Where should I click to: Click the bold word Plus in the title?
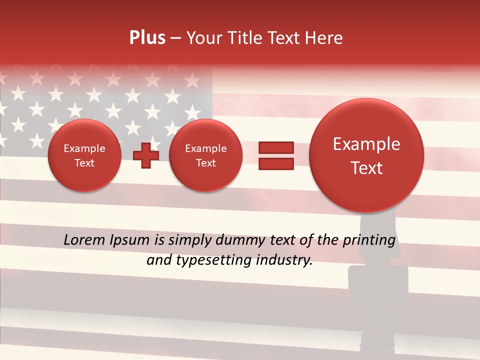(x=147, y=38)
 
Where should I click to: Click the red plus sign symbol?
(x=146, y=155)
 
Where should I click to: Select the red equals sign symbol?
(x=276, y=155)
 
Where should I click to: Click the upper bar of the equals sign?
(x=276, y=148)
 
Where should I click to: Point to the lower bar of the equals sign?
(x=276, y=163)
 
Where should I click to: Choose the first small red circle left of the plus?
(x=84, y=155)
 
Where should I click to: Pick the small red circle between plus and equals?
(x=205, y=155)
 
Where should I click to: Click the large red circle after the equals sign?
(x=366, y=155)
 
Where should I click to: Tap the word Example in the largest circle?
(x=366, y=144)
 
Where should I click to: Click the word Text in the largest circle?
(x=366, y=168)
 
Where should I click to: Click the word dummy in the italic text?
(x=236, y=240)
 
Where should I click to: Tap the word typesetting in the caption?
(x=209, y=260)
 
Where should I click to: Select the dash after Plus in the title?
(x=175, y=38)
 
